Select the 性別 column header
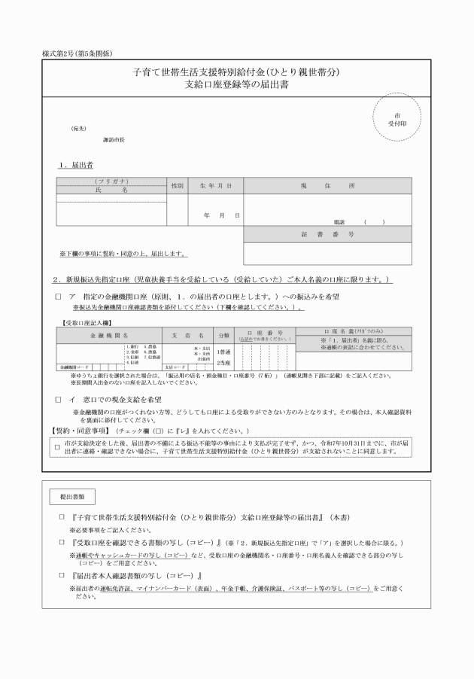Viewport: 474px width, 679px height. pos(178,184)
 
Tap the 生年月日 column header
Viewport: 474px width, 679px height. pos(215,184)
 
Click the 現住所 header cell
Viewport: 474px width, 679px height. pos(327,184)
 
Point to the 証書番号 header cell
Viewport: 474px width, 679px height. pos(327,235)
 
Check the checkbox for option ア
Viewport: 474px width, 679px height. pos(58,297)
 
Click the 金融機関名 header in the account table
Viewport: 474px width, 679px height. pos(110,334)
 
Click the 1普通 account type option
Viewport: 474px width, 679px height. pos(223,351)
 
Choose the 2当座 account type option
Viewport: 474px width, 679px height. pos(223,362)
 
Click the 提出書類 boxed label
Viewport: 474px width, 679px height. pos(72,498)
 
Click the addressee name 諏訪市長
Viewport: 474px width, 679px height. pos(114,140)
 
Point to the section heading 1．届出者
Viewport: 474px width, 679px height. pos(76,164)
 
